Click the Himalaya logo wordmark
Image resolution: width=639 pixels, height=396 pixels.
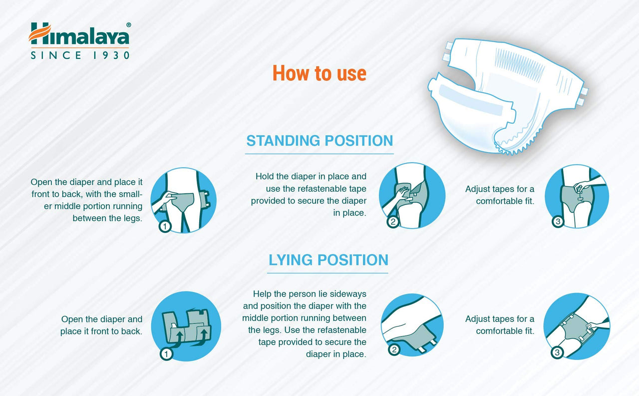click(x=79, y=35)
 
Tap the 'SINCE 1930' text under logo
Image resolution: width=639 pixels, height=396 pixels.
click(x=80, y=55)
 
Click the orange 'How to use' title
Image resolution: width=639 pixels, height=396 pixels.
click(x=319, y=73)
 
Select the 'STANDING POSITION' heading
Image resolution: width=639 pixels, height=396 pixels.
click(x=319, y=140)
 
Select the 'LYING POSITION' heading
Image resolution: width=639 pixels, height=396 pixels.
click(x=328, y=260)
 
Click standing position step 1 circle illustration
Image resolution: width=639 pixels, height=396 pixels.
click(x=183, y=200)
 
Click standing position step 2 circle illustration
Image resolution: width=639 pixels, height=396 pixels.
click(x=412, y=195)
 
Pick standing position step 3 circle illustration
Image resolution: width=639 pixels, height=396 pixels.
click(x=577, y=196)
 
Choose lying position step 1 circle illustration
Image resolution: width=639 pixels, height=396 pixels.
click(x=186, y=326)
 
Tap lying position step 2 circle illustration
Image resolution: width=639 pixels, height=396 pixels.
click(x=412, y=325)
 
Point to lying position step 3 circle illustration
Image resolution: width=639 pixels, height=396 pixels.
click(x=576, y=325)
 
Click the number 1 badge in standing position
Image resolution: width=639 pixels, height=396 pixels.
click(x=165, y=226)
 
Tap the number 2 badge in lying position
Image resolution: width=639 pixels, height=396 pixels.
click(x=394, y=350)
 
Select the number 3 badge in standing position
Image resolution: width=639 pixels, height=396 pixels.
click(x=558, y=221)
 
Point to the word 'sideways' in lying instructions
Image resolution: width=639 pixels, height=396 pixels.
click(x=348, y=294)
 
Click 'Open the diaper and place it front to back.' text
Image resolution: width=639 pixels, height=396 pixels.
click(x=101, y=325)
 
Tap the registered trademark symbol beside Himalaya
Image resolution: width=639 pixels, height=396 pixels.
click(x=128, y=24)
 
